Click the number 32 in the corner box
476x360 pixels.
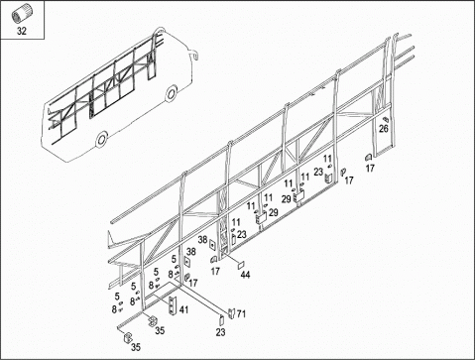click(22, 31)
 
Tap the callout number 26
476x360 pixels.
click(384, 129)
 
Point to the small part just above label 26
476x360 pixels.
click(385, 119)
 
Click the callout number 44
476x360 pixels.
click(245, 275)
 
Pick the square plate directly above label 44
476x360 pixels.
click(241, 265)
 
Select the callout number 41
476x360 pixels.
click(183, 309)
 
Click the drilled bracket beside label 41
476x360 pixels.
click(173, 305)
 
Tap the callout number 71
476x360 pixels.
click(242, 313)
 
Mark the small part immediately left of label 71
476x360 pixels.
click(232, 312)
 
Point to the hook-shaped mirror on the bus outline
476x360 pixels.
click(194, 54)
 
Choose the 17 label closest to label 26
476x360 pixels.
click(370, 169)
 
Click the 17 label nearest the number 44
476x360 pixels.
click(215, 271)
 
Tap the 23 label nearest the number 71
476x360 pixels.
click(220, 332)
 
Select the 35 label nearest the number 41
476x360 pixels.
click(160, 330)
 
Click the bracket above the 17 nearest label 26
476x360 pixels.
click(368, 158)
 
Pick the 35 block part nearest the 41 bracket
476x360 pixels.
click(153, 320)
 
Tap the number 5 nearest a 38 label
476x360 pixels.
click(174, 260)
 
